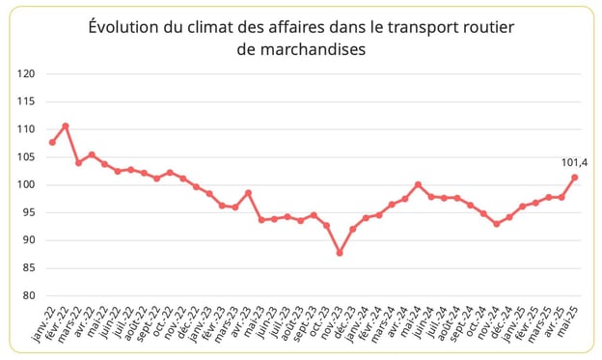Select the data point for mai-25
pos(575,177)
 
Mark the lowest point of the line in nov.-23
pos(340,253)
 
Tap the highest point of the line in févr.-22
pos(66,125)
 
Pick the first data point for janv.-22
pos(52,142)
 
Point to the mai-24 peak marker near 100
pos(418,184)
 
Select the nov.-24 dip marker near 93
pos(496,224)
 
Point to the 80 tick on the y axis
pos(30,295)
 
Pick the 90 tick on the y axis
pos(30,240)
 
